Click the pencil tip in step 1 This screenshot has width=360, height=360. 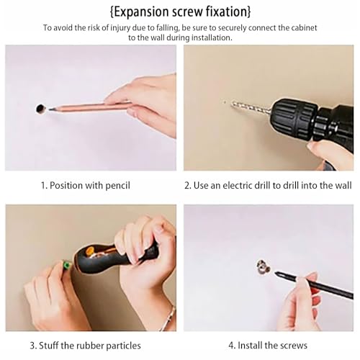tap(50, 109)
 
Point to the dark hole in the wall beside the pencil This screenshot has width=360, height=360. tap(40, 109)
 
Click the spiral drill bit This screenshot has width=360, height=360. tap(251, 107)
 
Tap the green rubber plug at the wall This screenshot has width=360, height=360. tap(66, 266)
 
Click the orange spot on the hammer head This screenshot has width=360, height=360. tap(89, 251)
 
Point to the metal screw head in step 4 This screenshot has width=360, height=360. tap(264, 266)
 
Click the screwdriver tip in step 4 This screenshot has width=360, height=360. tap(276, 273)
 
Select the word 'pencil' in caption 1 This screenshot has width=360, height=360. tap(118, 186)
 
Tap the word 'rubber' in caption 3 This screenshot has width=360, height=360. tap(90, 346)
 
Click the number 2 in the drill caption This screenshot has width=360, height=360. tap(187, 186)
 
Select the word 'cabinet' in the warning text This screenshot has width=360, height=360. tap(304, 28)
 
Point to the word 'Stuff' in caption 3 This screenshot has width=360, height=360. tap(49, 346)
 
